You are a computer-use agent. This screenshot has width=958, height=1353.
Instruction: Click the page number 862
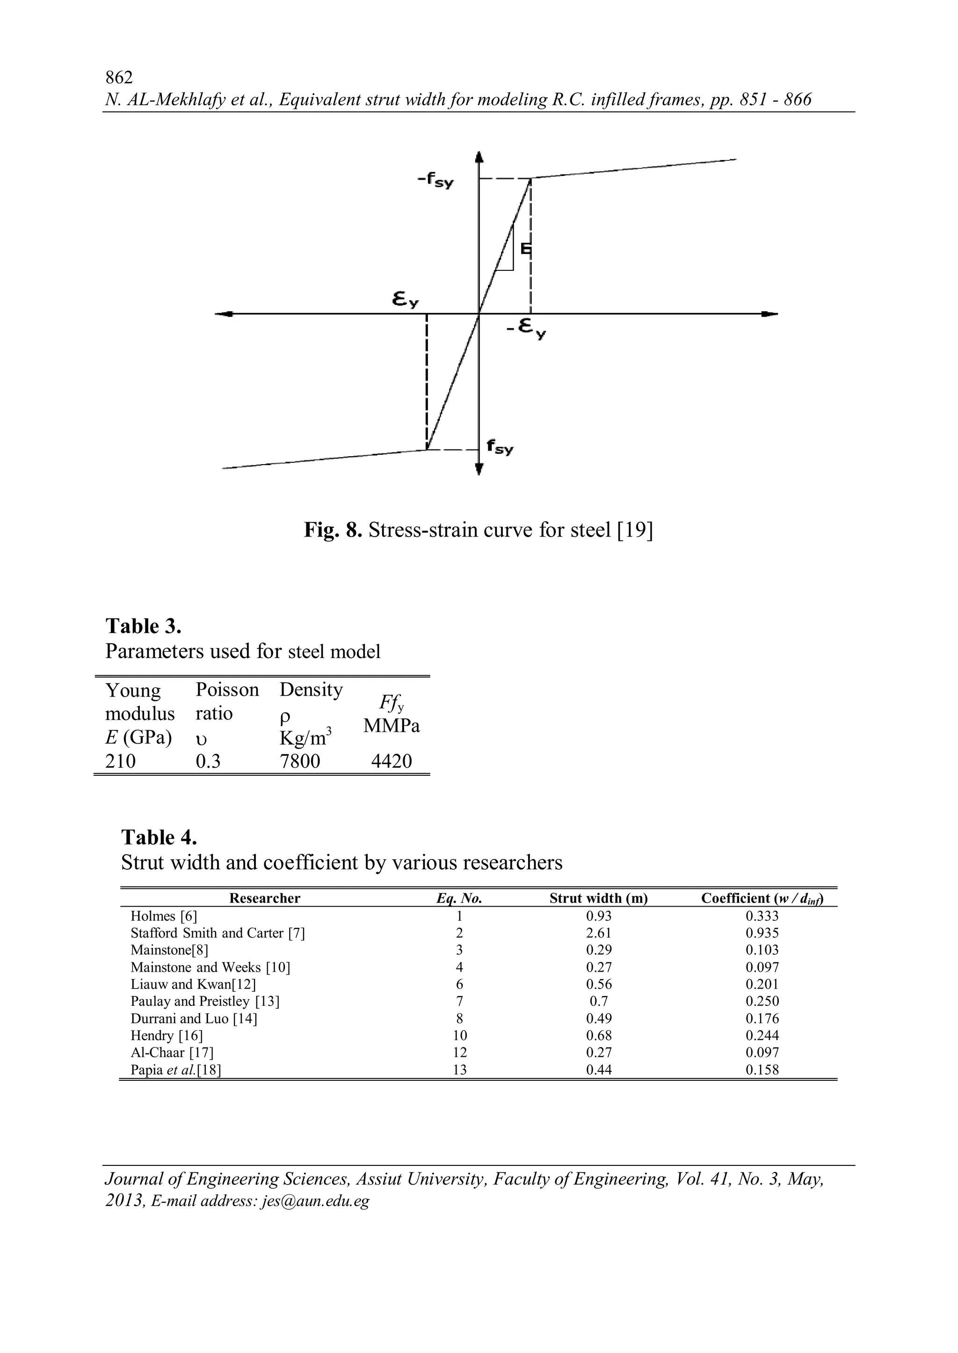[118, 77]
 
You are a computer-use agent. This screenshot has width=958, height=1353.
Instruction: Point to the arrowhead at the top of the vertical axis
[479, 157]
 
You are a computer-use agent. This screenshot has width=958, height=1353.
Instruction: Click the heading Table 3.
[143, 626]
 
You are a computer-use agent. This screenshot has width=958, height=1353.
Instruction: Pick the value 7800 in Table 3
[300, 761]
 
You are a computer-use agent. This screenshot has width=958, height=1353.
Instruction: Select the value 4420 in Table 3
[391, 761]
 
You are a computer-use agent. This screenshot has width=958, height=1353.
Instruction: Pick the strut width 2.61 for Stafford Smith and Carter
[598, 933]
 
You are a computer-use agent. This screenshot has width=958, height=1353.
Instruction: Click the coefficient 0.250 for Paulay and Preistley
[762, 1001]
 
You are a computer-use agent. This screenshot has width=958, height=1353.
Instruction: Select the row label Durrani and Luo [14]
[194, 1018]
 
